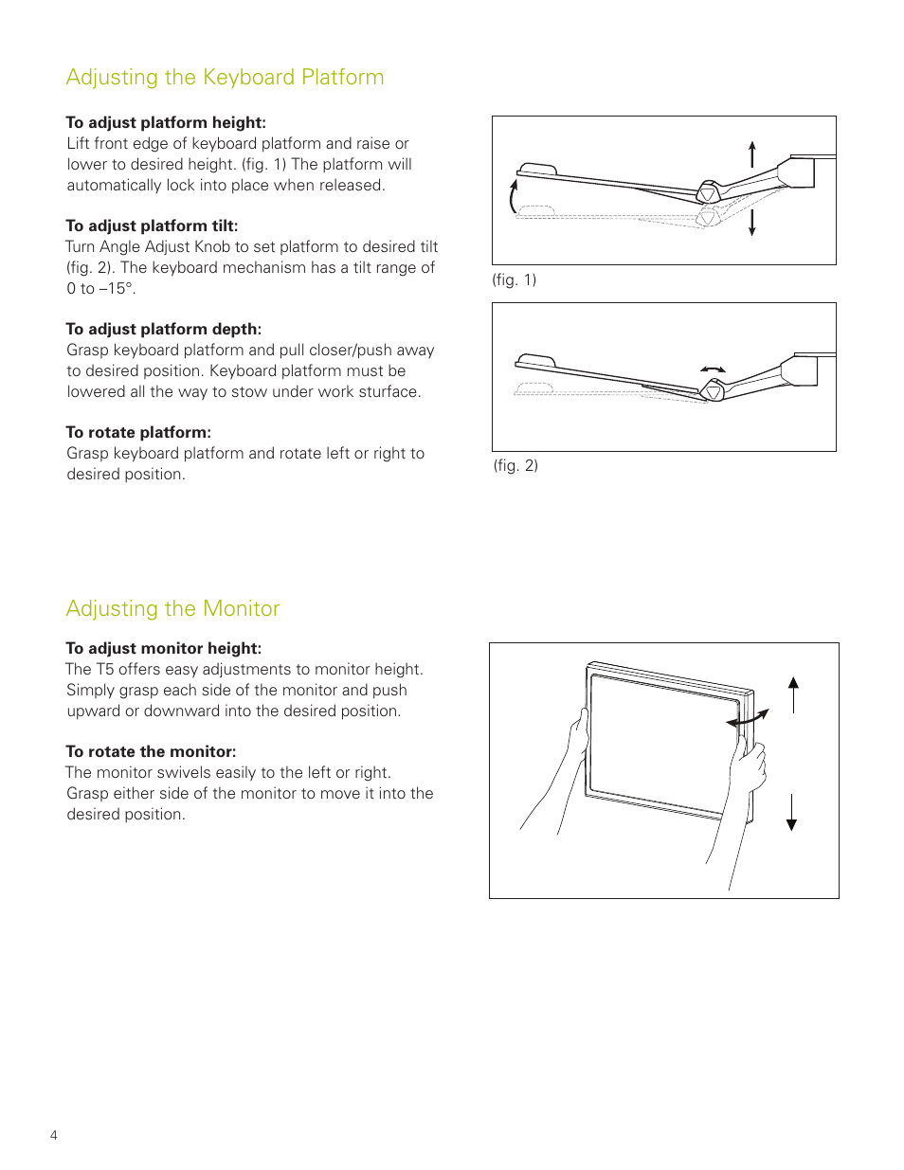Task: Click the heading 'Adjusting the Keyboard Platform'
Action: [x=225, y=78]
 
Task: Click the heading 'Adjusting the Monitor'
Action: [x=172, y=609]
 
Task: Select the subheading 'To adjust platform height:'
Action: [x=166, y=123]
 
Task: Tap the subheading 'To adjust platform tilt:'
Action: [x=152, y=226]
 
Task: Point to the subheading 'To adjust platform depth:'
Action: [x=163, y=330]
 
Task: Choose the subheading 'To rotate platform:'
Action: [x=138, y=433]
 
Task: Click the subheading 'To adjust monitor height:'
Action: [x=163, y=649]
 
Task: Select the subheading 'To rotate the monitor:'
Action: [x=151, y=752]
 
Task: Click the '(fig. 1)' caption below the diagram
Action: [x=514, y=280]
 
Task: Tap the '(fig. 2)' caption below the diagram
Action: [x=515, y=466]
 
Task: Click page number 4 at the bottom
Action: [x=54, y=1135]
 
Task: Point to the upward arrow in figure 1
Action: [x=752, y=154]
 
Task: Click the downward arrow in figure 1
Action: [x=752, y=223]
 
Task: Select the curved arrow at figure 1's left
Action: [x=514, y=196]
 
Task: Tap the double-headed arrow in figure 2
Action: [x=713, y=369]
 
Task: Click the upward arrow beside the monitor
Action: [x=793, y=694]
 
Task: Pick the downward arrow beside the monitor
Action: [x=792, y=813]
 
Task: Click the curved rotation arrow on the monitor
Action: [x=748, y=720]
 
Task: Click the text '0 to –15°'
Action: [x=100, y=289]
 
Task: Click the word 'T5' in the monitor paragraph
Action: [x=104, y=670]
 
